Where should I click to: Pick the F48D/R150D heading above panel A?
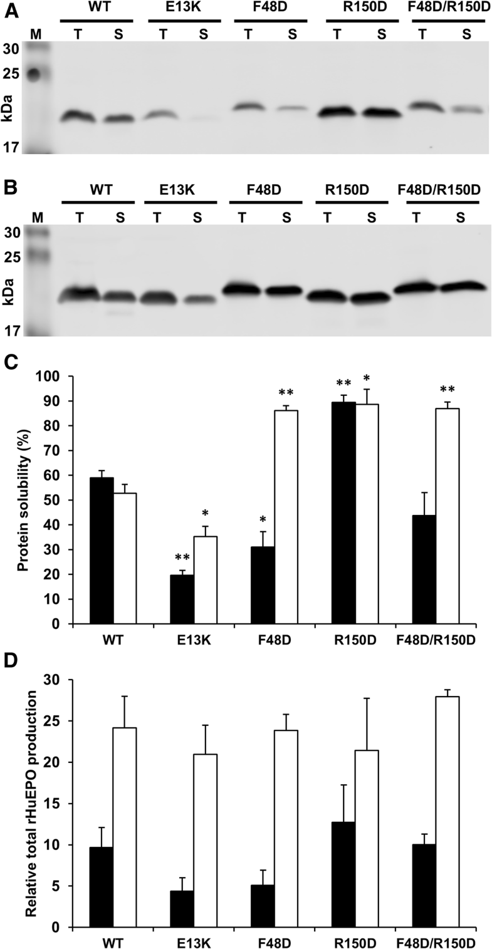(449, 9)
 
